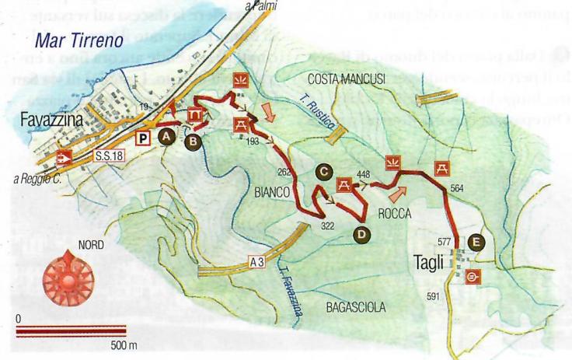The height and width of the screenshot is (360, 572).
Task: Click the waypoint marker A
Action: (166, 135)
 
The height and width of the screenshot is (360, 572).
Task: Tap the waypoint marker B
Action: (191, 141)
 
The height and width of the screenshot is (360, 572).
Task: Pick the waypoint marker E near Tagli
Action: (477, 242)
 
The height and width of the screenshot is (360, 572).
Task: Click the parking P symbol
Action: (142, 138)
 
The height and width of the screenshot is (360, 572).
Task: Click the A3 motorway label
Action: (258, 262)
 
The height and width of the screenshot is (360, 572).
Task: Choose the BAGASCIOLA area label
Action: (357, 306)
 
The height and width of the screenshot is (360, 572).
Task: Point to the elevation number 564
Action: (457, 187)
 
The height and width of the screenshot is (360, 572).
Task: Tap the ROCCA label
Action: (397, 212)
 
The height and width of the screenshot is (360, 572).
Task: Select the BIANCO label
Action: (272, 190)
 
